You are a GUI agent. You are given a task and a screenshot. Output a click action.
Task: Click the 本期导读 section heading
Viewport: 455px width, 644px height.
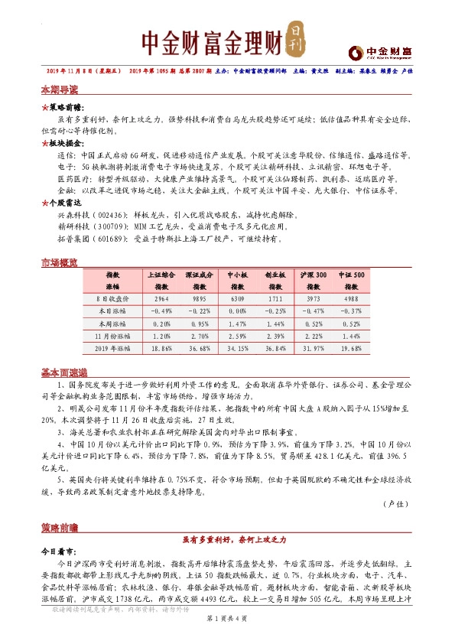[59, 89]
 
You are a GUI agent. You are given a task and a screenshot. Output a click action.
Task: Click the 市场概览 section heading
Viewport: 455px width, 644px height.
[59, 263]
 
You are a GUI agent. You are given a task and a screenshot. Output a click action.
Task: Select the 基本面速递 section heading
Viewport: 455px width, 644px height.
[63, 372]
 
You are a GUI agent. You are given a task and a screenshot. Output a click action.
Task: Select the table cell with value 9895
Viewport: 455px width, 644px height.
[200, 299]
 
